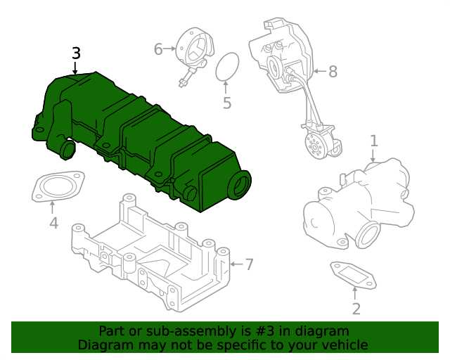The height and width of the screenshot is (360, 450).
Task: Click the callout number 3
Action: click(x=76, y=53)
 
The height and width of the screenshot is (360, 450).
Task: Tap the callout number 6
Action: click(x=158, y=49)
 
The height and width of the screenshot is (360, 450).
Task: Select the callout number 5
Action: click(x=226, y=103)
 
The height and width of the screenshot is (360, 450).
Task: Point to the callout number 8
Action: click(x=333, y=70)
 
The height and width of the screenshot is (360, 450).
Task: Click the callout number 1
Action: click(x=374, y=141)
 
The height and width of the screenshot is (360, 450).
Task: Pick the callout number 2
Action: click(x=356, y=309)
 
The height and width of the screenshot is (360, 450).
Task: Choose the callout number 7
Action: click(x=248, y=264)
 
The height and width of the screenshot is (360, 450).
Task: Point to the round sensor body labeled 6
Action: click(x=193, y=48)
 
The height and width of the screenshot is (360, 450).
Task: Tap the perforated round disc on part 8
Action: click(x=314, y=146)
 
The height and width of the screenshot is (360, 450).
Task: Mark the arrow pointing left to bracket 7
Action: click(x=234, y=264)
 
